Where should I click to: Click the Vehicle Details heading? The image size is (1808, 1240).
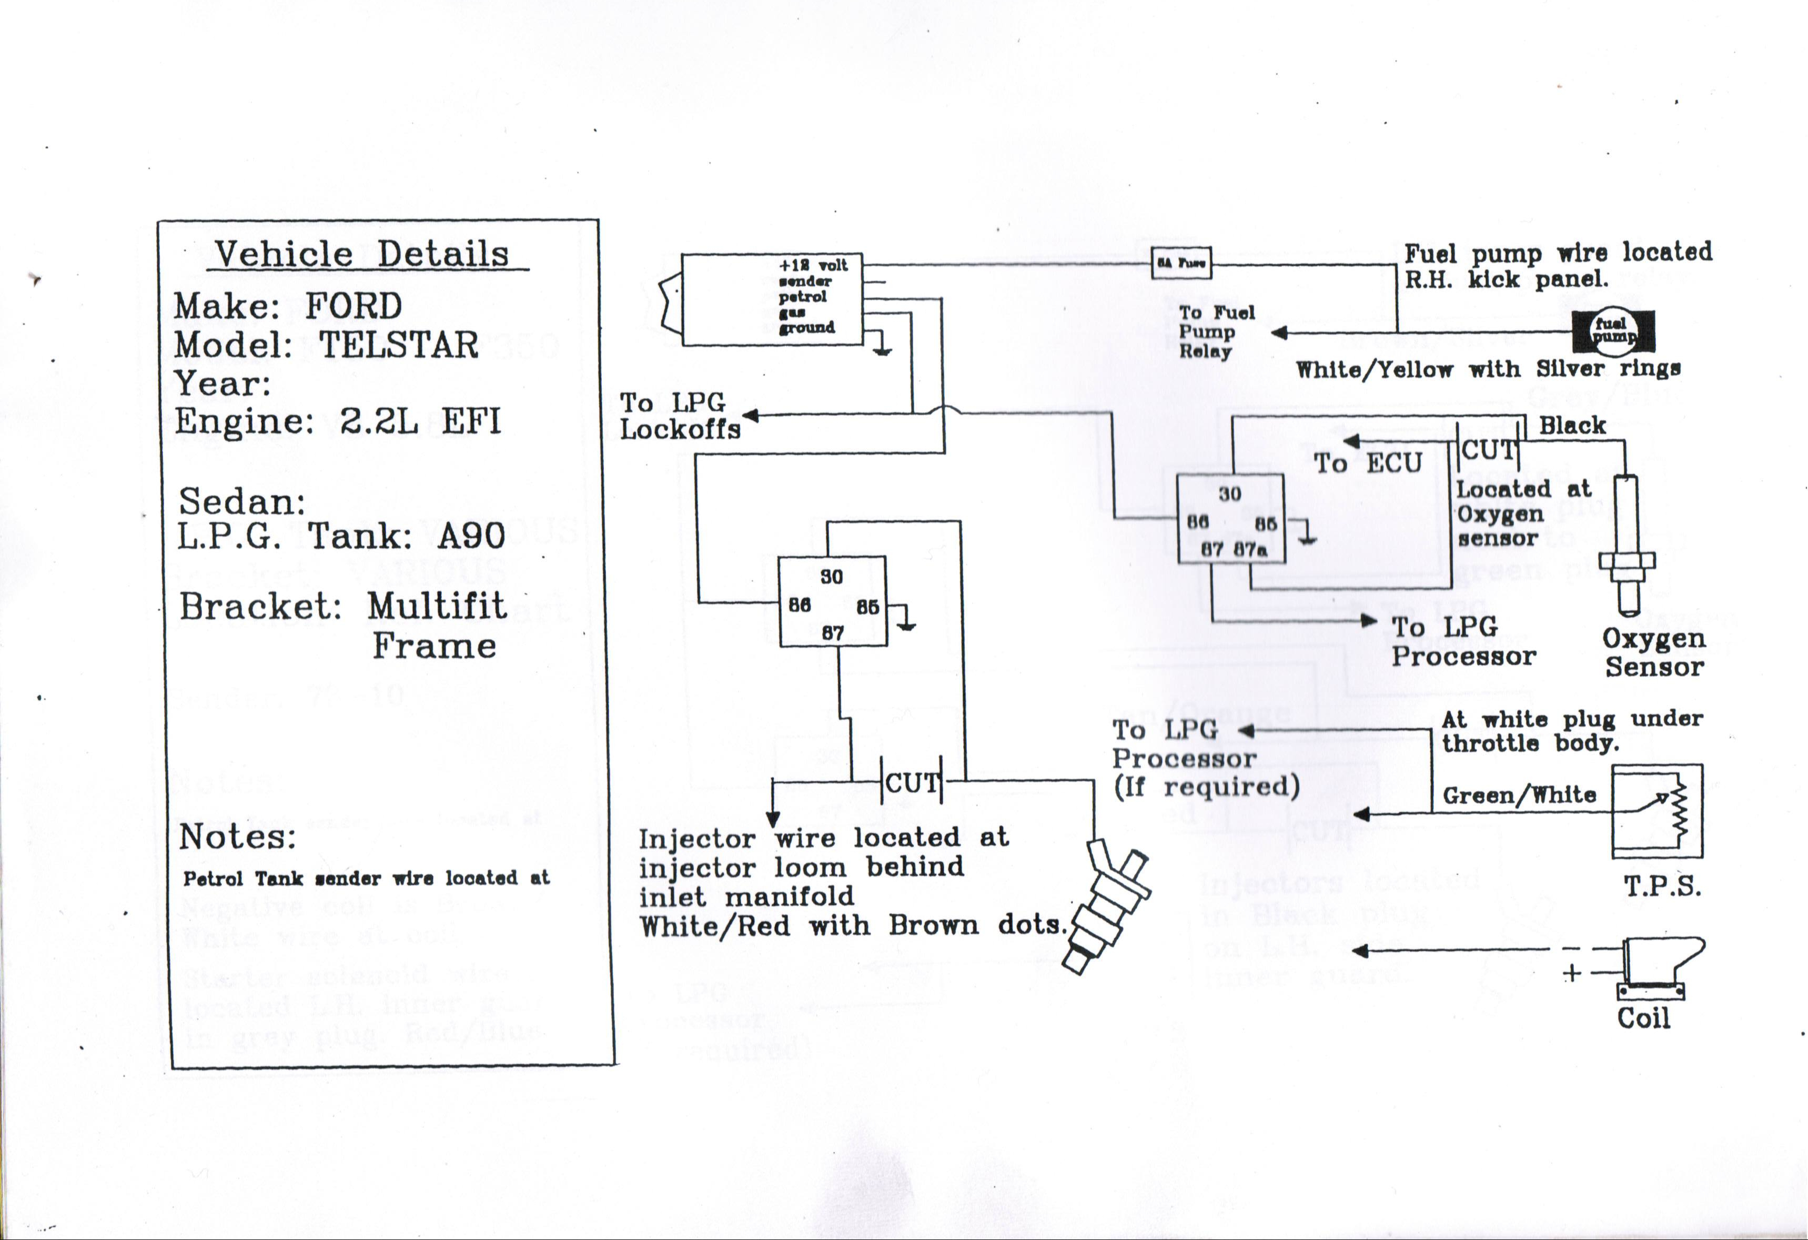(x=362, y=255)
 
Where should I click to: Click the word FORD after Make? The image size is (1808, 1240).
(x=353, y=306)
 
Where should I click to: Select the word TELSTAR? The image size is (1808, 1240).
(x=399, y=345)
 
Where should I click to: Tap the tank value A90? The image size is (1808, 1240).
(x=471, y=536)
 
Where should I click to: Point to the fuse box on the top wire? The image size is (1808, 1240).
(x=1180, y=263)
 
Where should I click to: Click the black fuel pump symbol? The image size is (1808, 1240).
(x=1613, y=331)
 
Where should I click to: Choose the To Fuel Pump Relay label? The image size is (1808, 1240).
(x=1216, y=331)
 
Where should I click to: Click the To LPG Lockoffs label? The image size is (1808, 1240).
(x=679, y=416)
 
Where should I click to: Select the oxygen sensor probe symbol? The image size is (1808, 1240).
(x=1627, y=545)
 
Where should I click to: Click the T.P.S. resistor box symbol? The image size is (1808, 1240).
(x=1657, y=811)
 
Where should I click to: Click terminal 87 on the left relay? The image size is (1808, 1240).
(x=832, y=632)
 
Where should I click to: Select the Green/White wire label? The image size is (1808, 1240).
(x=1519, y=795)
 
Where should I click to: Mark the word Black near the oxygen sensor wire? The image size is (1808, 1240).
(x=1571, y=426)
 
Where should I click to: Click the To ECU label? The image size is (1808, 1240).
(x=1367, y=463)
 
